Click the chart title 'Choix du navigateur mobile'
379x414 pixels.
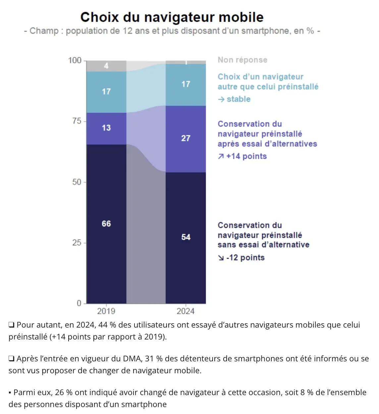coord(172,17)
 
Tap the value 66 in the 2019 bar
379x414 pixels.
coord(106,224)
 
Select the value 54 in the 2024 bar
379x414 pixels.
coord(186,237)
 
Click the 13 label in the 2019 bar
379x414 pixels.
coord(106,128)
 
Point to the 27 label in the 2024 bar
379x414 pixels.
coord(186,138)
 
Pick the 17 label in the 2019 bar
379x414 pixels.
coord(106,91)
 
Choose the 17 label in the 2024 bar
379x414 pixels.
coord(186,84)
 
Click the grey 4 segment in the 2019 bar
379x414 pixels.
coord(106,66)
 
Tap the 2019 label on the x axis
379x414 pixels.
coord(106,311)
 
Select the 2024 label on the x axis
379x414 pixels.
coord(186,311)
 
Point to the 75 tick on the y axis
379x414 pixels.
coord(77,121)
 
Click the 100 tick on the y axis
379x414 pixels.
coord(75,60)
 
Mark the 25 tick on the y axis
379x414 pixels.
coord(77,242)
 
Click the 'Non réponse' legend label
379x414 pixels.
coord(242,60)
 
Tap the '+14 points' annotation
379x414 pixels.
coord(246,156)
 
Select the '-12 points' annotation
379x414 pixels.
coord(245,258)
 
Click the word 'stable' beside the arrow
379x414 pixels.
coord(239,99)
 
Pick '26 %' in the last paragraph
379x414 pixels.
coord(64,392)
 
